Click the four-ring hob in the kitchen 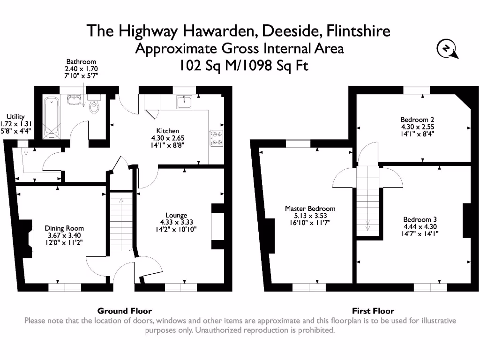click(x=216, y=138)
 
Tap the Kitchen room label click(x=167, y=131)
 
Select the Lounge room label click(x=176, y=216)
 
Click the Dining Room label click(x=64, y=228)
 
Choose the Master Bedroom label click(x=310, y=209)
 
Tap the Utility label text click(x=15, y=117)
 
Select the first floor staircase click(x=367, y=202)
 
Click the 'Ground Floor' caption click(x=124, y=311)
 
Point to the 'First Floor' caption click(x=373, y=311)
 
